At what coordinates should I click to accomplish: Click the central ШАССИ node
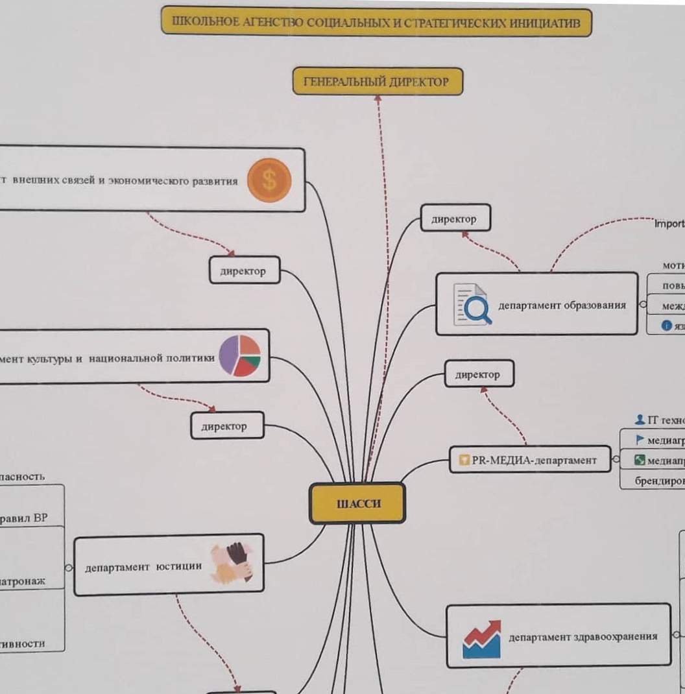click(x=357, y=503)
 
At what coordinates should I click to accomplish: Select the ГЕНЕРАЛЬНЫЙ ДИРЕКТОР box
click(x=378, y=82)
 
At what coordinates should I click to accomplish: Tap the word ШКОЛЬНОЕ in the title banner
click(x=198, y=22)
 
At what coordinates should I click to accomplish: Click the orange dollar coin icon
click(x=269, y=180)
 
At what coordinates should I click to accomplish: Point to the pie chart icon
click(x=239, y=356)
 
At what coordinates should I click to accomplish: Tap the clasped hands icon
click(x=231, y=562)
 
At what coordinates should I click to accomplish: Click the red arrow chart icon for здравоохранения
click(x=482, y=639)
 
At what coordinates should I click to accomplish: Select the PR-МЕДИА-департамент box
click(x=531, y=460)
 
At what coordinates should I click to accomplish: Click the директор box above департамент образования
click(x=455, y=219)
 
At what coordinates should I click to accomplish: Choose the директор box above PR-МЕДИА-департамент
click(x=479, y=374)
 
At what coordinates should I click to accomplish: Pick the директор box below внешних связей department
click(x=244, y=271)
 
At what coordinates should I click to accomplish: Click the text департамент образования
click(x=562, y=305)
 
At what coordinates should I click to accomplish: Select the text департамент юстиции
click(x=143, y=567)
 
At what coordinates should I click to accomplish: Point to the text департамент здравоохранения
click(x=583, y=637)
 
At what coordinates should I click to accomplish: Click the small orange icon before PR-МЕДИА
click(x=464, y=461)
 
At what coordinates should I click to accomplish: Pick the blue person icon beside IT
click(x=640, y=420)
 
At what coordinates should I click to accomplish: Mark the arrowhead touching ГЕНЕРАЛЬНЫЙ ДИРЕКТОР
click(x=378, y=99)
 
